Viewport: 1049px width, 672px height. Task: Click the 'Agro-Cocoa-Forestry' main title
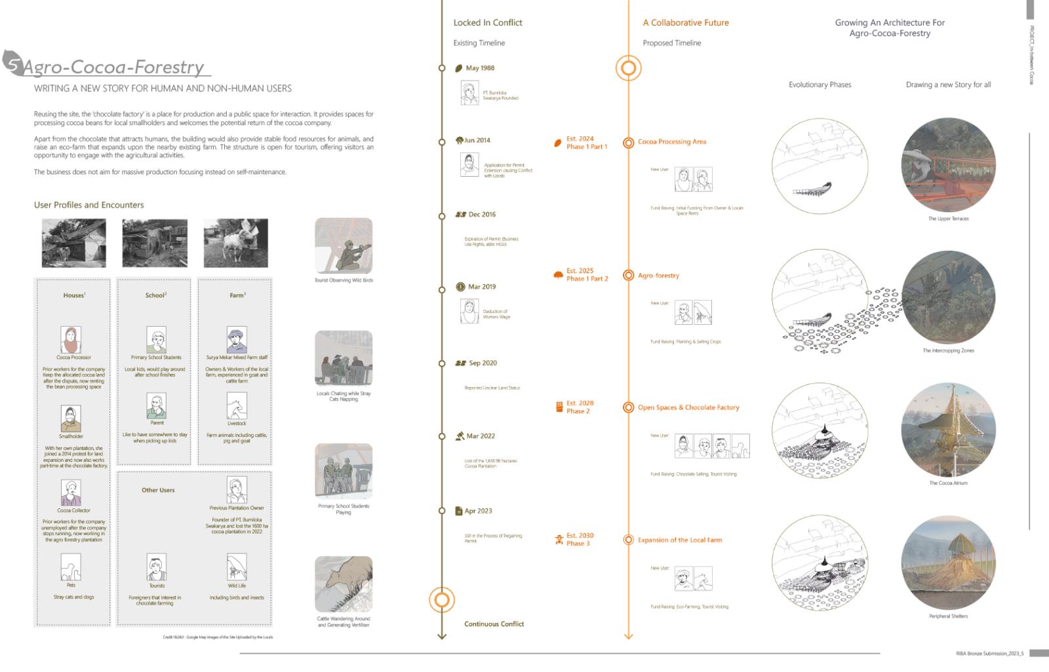click(x=114, y=67)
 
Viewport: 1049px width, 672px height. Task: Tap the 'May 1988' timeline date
click(x=480, y=68)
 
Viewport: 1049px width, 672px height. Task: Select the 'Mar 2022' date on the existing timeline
click(x=481, y=436)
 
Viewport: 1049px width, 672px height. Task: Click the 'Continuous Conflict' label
click(x=494, y=624)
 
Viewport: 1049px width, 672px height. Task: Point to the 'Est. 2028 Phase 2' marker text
click(x=580, y=407)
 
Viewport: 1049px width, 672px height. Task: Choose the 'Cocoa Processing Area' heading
click(x=672, y=141)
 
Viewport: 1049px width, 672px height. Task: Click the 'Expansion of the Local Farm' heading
click(x=679, y=540)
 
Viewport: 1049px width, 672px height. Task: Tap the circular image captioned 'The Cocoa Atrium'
click(x=948, y=429)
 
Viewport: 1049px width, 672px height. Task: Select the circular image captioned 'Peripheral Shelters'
click(x=948, y=563)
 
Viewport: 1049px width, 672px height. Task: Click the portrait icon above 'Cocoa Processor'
click(x=71, y=340)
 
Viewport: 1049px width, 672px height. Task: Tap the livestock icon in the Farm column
click(x=237, y=406)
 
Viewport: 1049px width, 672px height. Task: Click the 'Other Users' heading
click(x=158, y=490)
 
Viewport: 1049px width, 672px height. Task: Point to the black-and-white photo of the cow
click(x=235, y=243)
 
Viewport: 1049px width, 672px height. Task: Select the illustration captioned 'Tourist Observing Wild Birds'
click(x=344, y=246)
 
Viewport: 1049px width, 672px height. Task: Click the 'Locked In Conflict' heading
click(x=488, y=23)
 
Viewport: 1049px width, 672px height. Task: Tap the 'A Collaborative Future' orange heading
click(x=686, y=23)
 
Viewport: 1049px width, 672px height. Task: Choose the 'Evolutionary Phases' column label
click(x=820, y=84)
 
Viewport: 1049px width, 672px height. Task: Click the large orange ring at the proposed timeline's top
click(x=628, y=68)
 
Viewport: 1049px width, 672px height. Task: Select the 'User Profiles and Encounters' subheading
click(x=89, y=205)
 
